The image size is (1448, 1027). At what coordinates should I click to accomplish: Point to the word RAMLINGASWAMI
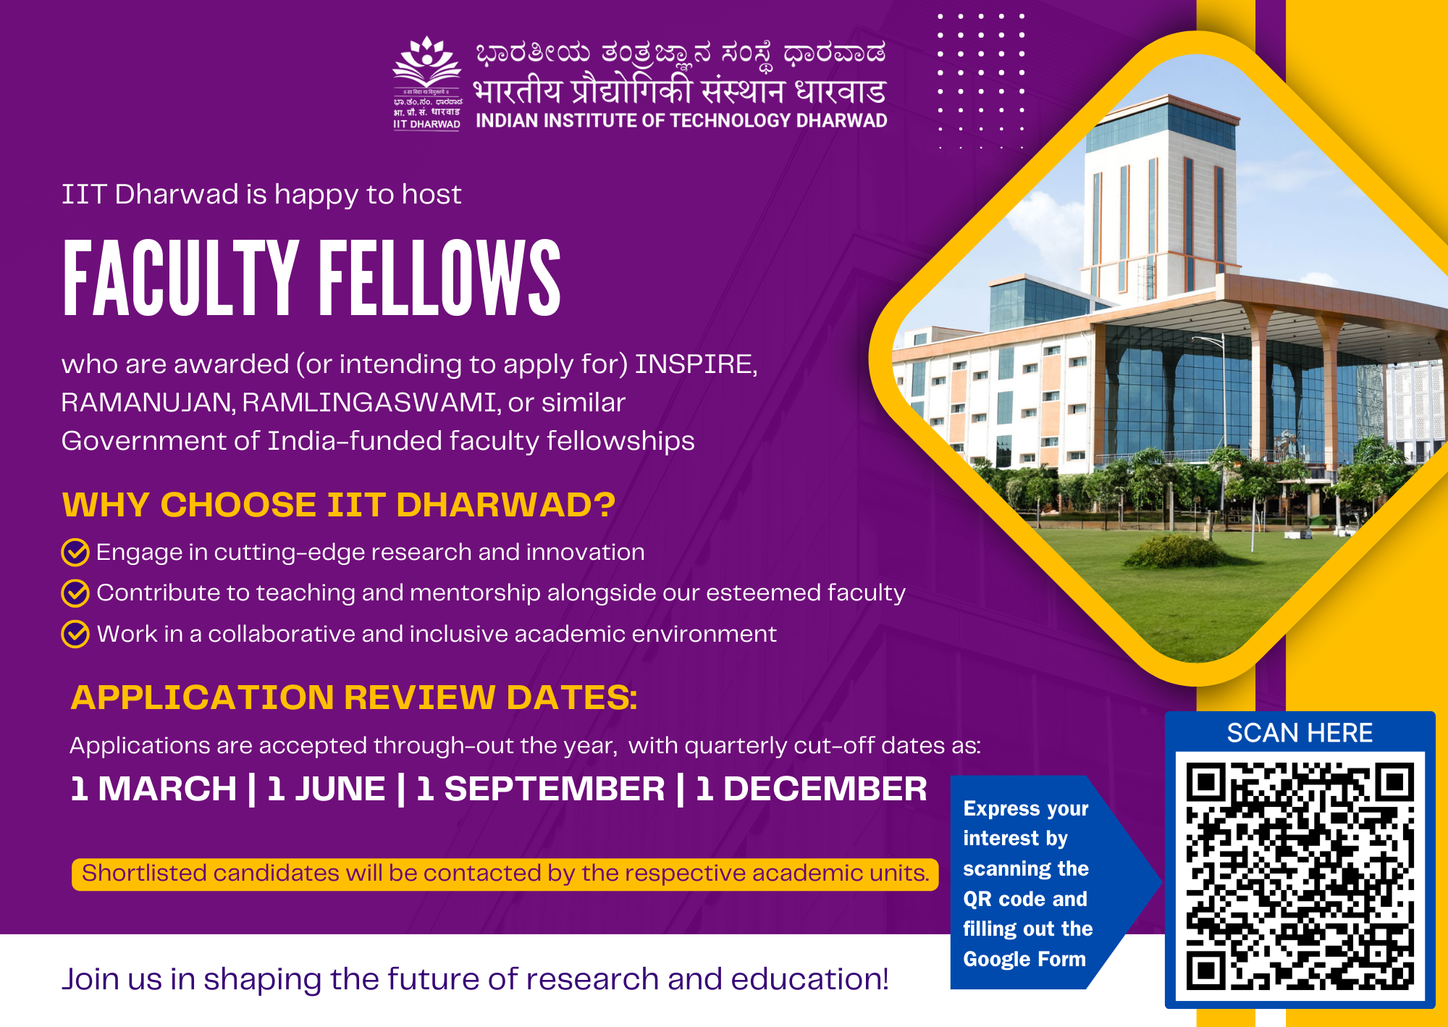tap(371, 403)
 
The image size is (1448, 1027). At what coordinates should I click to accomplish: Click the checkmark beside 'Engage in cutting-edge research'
tap(75, 552)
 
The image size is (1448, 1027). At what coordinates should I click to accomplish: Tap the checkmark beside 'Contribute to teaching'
tap(75, 593)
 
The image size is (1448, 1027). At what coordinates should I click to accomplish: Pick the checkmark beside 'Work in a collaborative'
tap(75, 634)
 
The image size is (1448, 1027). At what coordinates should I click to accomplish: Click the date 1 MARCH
tap(153, 789)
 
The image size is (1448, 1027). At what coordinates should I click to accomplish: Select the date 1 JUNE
tap(326, 789)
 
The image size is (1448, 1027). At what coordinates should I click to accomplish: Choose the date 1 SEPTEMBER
tap(540, 789)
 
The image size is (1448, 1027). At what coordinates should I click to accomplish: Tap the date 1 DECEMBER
tap(811, 789)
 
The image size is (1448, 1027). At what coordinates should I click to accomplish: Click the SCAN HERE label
tap(1300, 733)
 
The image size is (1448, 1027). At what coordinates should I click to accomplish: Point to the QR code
tap(1300, 876)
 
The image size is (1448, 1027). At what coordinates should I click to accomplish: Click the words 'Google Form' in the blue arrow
tap(1024, 959)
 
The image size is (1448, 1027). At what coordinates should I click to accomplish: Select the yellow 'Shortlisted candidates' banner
tap(505, 874)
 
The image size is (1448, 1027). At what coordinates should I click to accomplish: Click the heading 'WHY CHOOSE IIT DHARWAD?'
tap(339, 505)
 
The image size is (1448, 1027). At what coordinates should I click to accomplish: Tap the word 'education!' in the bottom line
tap(809, 979)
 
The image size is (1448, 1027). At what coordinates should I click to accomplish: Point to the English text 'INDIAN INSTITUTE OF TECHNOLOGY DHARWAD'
tap(681, 121)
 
